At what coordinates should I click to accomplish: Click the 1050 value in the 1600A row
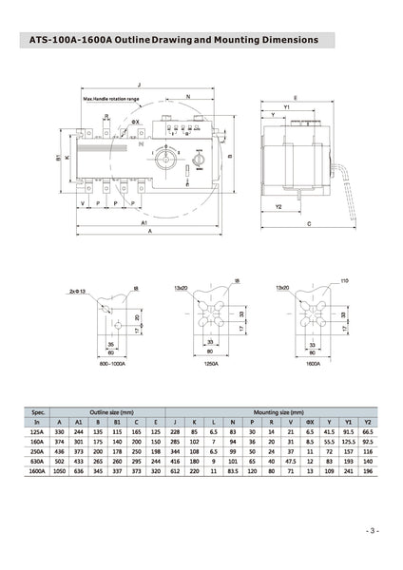61,471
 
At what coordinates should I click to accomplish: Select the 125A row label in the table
38,430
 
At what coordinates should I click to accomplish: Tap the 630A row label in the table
38,461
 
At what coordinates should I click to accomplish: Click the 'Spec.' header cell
38,412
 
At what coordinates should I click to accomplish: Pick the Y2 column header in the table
371,422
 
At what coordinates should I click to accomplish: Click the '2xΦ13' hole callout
79,292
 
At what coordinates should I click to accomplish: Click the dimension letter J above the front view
139,84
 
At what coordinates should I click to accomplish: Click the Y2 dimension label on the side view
280,205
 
